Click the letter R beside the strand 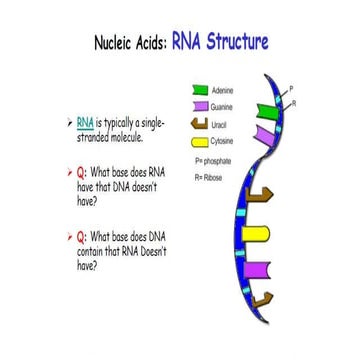[292, 103]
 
